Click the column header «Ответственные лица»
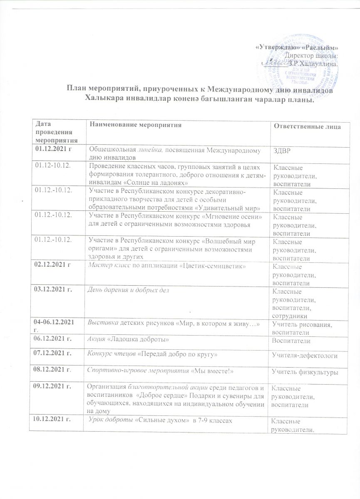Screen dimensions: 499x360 pyautogui.click(x=306, y=126)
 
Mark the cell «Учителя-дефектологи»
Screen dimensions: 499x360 pyautogui.click(x=304, y=356)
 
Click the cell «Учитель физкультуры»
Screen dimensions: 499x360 pyautogui.click(x=304, y=371)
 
